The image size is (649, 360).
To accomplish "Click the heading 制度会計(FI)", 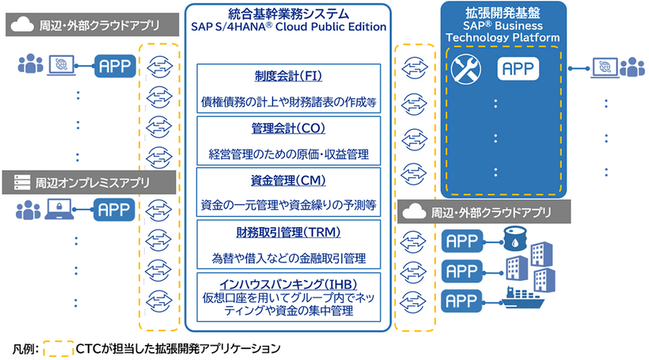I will click(x=288, y=77).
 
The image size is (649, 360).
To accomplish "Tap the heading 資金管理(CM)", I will click(x=288, y=179).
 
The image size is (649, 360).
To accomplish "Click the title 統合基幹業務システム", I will click(x=288, y=12).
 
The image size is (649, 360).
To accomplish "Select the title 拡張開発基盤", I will click(x=503, y=13).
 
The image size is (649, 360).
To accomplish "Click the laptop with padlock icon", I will click(x=61, y=210).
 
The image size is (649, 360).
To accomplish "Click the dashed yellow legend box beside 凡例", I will click(x=57, y=347).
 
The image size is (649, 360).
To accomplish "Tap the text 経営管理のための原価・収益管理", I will click(x=288, y=153).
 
